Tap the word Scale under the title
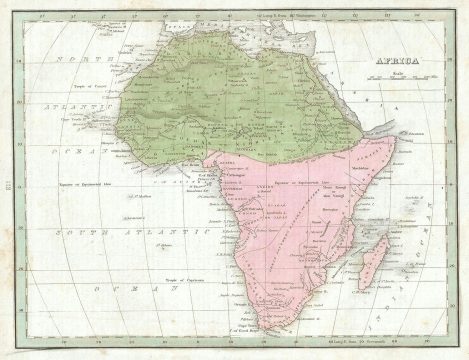click(x=399, y=72)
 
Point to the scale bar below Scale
click(x=399, y=79)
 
